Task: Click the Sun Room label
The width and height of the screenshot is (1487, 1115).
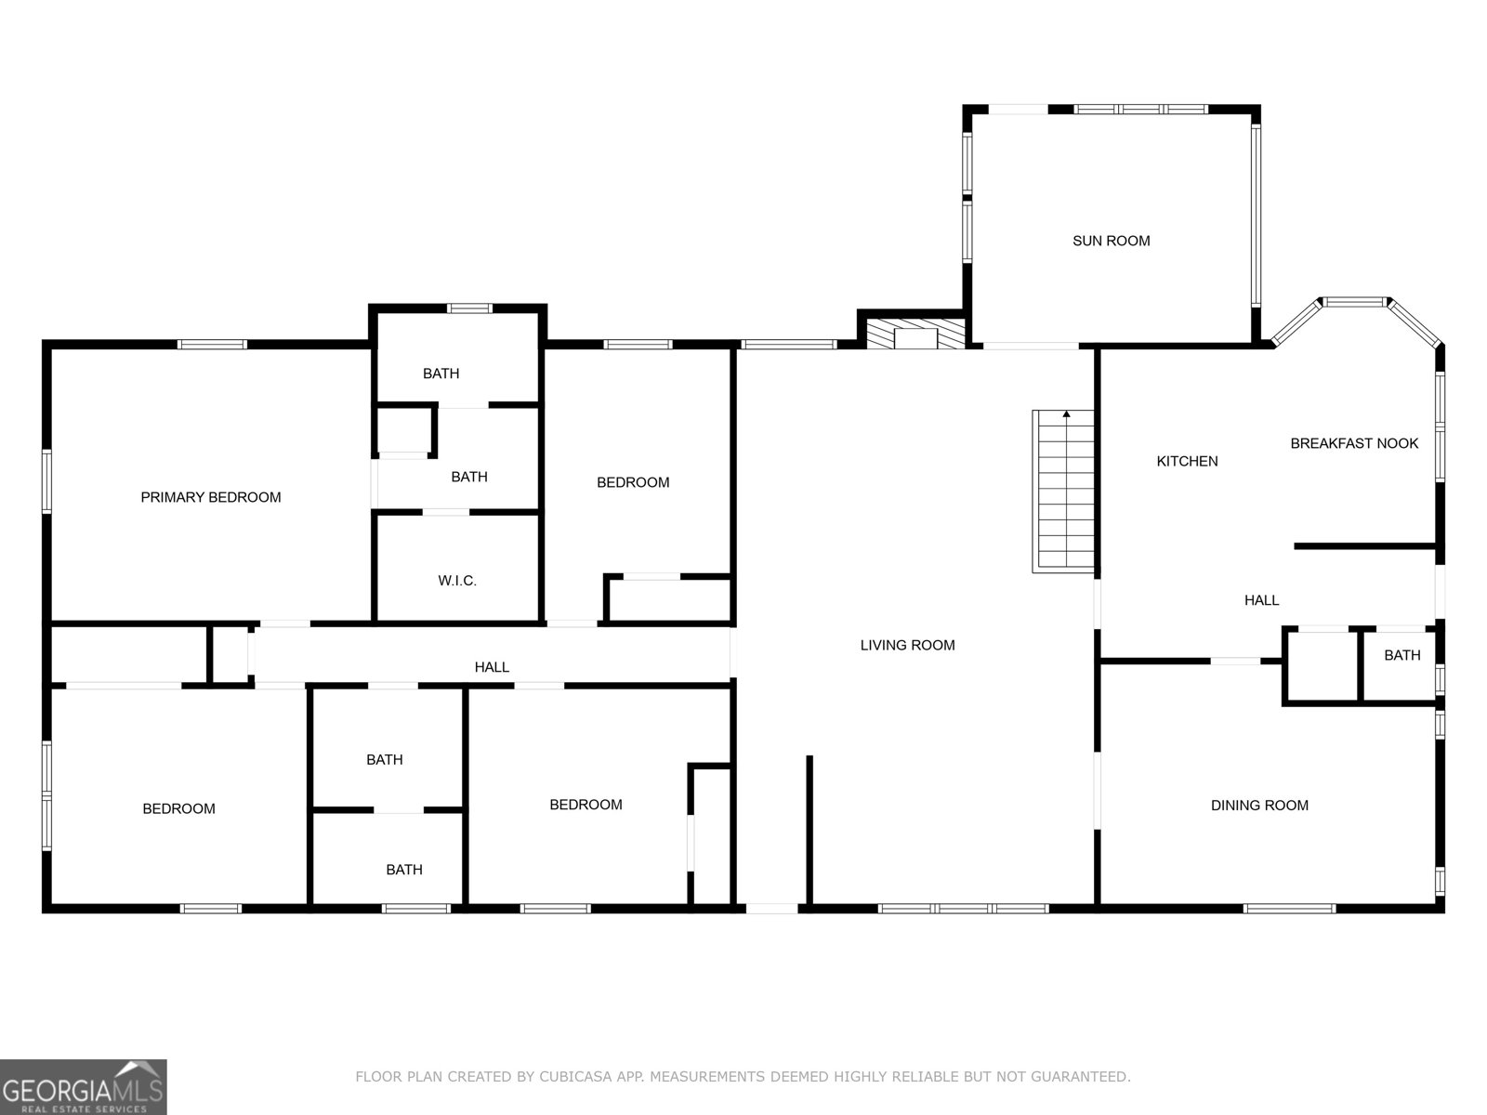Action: (x=1111, y=241)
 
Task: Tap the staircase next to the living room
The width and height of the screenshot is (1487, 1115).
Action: (x=1065, y=492)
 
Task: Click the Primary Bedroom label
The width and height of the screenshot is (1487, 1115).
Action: (x=210, y=497)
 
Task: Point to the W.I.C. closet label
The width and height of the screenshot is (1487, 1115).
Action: (x=457, y=581)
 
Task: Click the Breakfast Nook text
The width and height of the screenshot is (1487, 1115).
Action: (x=1354, y=443)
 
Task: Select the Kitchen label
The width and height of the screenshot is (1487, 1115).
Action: (x=1187, y=461)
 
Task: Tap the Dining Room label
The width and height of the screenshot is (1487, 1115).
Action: (x=1258, y=806)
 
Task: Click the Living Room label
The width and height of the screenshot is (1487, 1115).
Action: (x=907, y=645)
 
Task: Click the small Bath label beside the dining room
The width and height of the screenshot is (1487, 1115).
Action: (x=1401, y=655)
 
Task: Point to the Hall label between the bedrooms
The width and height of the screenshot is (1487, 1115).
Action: (x=492, y=667)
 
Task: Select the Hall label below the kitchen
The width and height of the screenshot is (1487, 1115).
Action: (x=1261, y=600)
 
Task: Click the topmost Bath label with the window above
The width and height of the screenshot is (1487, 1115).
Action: (x=441, y=374)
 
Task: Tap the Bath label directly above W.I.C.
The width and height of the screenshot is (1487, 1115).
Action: (x=468, y=477)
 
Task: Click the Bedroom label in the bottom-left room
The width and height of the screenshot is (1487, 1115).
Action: (x=178, y=808)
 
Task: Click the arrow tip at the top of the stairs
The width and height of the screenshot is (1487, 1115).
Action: (x=1066, y=413)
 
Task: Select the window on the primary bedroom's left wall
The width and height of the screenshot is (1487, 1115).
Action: (x=46, y=480)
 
